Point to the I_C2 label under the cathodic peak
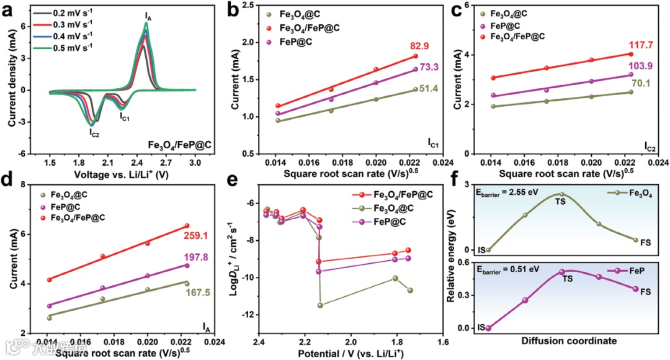(94, 132)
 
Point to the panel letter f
(455, 184)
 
